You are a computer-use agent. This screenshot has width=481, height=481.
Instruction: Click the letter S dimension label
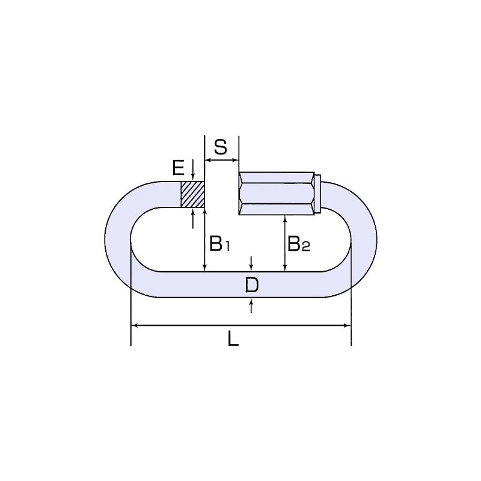click(x=221, y=147)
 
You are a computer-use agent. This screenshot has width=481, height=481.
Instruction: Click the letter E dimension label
click(x=178, y=168)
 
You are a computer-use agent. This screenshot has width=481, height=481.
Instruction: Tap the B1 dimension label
click(x=219, y=244)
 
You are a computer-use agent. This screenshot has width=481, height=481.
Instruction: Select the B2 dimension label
click(x=299, y=244)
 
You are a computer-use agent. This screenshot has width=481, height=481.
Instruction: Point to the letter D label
click(x=252, y=286)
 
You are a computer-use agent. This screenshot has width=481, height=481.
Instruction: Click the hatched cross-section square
click(x=192, y=194)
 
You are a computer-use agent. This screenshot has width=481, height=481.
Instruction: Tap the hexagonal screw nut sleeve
click(x=277, y=193)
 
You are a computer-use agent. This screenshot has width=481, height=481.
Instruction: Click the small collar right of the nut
click(x=318, y=193)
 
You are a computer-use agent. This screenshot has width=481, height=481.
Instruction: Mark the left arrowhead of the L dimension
click(x=133, y=325)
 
